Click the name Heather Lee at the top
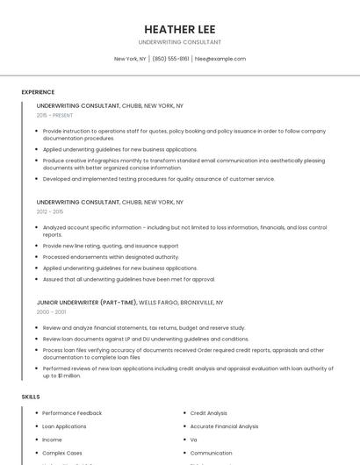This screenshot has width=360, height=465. pos(180,29)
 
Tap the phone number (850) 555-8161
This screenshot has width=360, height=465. pos(170,59)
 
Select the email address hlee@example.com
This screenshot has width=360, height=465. pos(220,59)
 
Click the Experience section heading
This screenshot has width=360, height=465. pos(38,92)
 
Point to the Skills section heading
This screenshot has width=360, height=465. pos(30,397)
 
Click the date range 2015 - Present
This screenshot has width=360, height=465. pos(54,115)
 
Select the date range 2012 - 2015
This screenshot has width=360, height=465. pos(50,211)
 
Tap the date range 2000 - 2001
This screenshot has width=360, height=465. pos(51,311)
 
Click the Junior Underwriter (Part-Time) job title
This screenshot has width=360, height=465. pos(86,302)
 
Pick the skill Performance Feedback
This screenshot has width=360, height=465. pos(72,413)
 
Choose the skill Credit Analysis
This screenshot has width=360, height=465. pos(208,413)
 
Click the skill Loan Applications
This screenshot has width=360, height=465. pos(64,426)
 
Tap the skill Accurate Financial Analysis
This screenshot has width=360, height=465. pos(224,426)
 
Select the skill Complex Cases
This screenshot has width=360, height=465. pos(61,453)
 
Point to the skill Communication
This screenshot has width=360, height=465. pos(211,453)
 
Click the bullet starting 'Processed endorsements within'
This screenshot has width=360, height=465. pos(111,257)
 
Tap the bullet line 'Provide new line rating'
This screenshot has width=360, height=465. pos(110,246)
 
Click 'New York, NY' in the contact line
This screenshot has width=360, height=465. pos(130,59)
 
